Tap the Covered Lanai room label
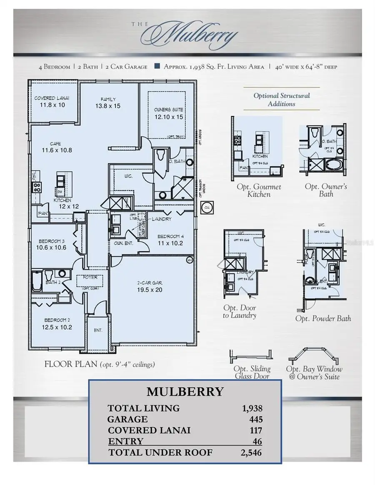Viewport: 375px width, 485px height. tap(52, 102)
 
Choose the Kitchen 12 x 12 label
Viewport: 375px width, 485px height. tap(62, 203)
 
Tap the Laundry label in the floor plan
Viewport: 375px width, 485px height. tap(162, 219)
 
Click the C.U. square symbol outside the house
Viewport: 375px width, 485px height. tap(207, 208)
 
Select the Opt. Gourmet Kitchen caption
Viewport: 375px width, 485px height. tap(259, 190)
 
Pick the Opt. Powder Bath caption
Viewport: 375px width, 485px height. tap(323, 318)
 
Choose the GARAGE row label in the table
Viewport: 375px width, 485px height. tap(127, 419)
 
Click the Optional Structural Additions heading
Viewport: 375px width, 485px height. tap(282, 99)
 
